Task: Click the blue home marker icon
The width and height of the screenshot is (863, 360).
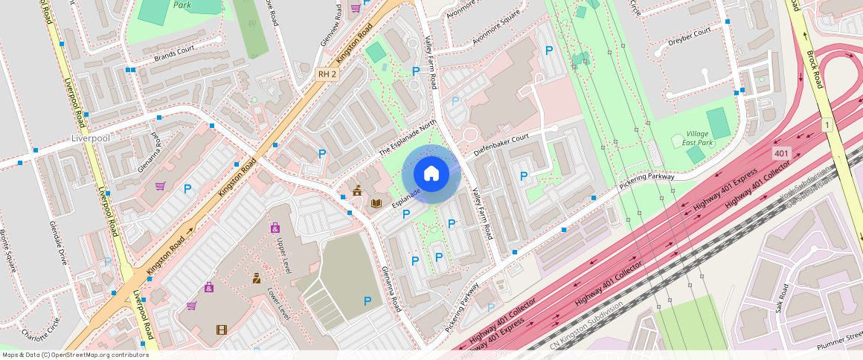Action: pyautogui.click(x=431, y=174)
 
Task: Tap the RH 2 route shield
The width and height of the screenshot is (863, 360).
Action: pyautogui.click(x=327, y=74)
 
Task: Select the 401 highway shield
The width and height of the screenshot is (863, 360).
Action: pyautogui.click(x=780, y=153)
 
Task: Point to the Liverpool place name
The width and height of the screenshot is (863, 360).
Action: pyautogui.click(x=90, y=138)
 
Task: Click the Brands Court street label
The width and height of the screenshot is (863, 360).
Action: pyautogui.click(x=174, y=54)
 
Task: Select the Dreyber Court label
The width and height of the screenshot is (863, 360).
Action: pyautogui.click(x=688, y=34)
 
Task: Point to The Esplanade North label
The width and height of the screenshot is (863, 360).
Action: pyautogui.click(x=407, y=139)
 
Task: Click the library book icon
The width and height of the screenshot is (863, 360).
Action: pyautogui.click(x=377, y=203)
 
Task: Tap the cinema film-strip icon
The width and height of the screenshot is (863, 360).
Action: pyautogui.click(x=221, y=330)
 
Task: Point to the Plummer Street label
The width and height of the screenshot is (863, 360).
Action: pyautogui.click(x=838, y=345)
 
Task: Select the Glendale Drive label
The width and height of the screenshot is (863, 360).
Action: pyautogui.click(x=58, y=242)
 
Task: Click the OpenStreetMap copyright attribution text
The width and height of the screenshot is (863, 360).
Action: pyautogui.click(x=75, y=355)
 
